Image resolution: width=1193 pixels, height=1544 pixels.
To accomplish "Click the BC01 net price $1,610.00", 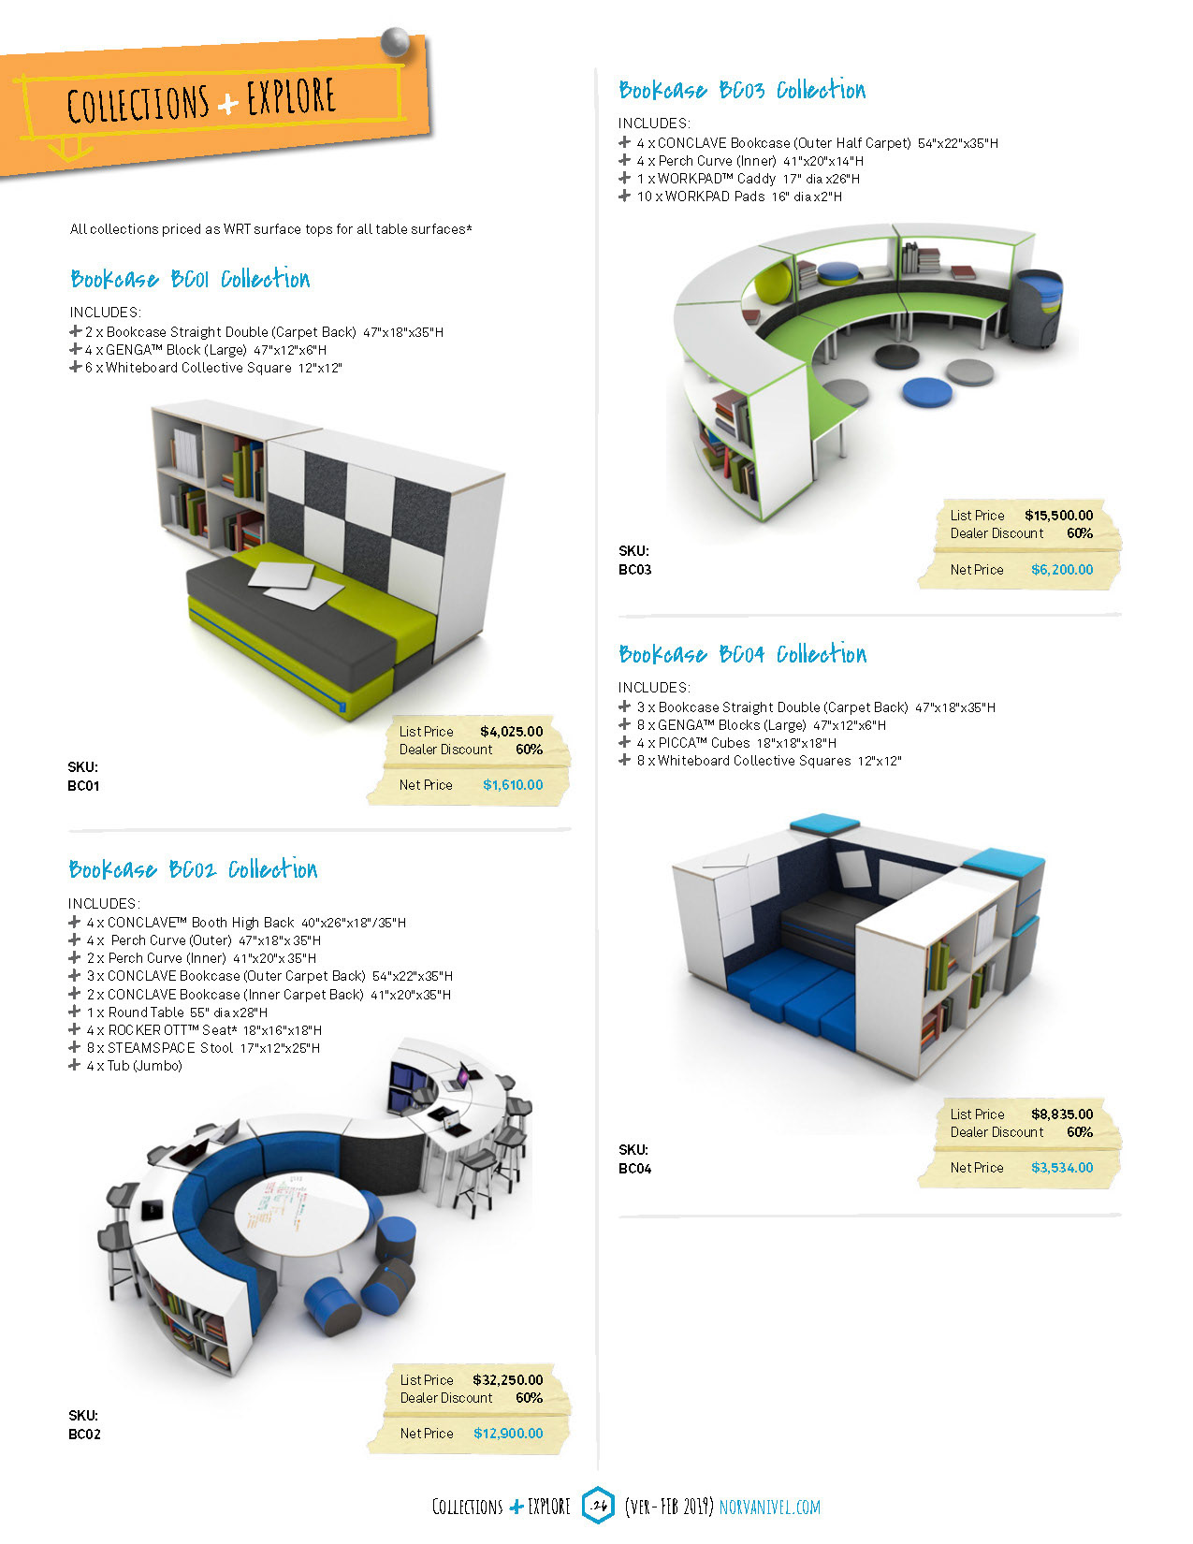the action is point(513,785).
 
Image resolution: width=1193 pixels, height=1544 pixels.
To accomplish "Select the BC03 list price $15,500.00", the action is point(1058,516).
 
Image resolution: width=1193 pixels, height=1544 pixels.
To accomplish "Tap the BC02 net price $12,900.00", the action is point(508,1434).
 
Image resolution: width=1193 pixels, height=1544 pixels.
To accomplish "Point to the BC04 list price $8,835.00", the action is point(1062,1114).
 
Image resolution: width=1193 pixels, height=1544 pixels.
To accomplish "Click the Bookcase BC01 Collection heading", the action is point(190,279).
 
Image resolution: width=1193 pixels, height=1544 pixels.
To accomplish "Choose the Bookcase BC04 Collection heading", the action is point(742,654).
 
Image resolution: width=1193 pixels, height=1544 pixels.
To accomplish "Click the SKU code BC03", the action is point(635,569).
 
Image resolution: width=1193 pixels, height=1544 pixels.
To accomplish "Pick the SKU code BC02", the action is point(84,1434).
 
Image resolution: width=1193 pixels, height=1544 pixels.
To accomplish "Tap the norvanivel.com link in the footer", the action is point(769,1507).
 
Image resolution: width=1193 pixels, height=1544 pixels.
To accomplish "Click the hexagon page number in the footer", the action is point(599,1506).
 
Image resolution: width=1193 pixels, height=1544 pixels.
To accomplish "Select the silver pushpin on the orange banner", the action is point(395,42).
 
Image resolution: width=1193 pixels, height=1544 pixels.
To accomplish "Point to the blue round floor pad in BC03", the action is point(927,391).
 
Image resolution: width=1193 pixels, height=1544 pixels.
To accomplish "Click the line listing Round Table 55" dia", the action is point(177,1012).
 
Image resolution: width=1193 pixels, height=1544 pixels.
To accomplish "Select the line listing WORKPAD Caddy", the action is point(748,179).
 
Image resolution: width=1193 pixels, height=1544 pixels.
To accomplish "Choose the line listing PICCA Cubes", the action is point(736,743).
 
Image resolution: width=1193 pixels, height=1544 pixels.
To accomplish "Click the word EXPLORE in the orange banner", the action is point(291,97).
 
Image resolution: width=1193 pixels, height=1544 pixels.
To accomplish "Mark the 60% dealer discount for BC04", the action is point(1080,1132).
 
